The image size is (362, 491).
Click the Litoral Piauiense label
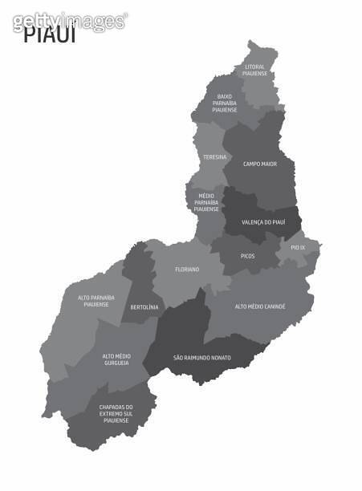pyautogui.click(x=254, y=70)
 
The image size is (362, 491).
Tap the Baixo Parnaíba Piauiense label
pyautogui.click(x=225, y=103)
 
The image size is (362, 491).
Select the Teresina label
pyautogui.click(x=214, y=156)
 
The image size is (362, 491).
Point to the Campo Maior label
pyautogui.click(x=260, y=164)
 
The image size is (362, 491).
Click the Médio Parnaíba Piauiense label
pyautogui.click(x=206, y=201)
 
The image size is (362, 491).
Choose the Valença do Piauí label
pyautogui.click(x=262, y=222)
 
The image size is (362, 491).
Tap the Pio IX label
pyautogui.click(x=298, y=247)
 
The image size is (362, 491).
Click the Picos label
pyautogui.click(x=248, y=256)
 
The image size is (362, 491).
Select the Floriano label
pyautogui.click(x=187, y=270)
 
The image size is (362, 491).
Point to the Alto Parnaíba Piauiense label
pyautogui.click(x=96, y=301)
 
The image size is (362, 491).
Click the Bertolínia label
pyautogui.click(x=144, y=306)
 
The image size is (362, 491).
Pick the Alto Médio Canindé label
pyautogui.click(x=260, y=306)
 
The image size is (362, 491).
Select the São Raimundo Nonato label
pyautogui.click(x=201, y=357)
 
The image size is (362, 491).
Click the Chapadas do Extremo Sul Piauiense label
pyautogui.click(x=116, y=412)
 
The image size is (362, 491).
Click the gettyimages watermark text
pyautogui.click(x=70, y=19)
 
